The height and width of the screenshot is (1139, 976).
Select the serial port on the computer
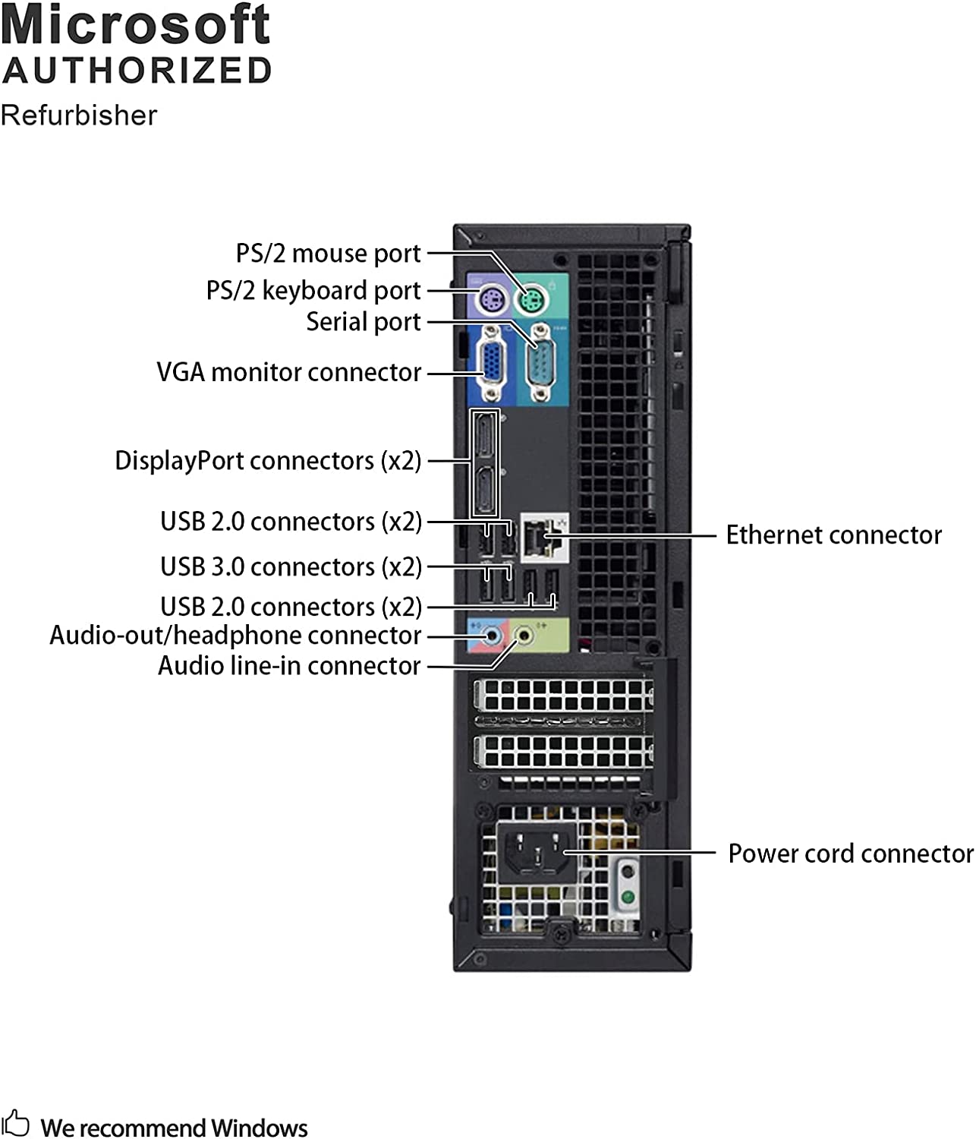[540, 364]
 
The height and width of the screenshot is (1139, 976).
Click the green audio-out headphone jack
[523, 634]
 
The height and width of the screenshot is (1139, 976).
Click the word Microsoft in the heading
[135, 26]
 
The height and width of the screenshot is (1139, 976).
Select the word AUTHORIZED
[137, 71]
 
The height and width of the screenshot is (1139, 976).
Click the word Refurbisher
[79, 115]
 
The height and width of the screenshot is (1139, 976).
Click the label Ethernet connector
[833, 535]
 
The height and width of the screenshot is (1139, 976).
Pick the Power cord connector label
[850, 853]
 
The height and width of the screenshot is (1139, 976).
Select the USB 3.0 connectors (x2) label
[291, 567]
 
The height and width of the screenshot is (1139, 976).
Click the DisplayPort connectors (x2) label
[267, 461]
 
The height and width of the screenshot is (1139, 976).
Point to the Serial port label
[363, 322]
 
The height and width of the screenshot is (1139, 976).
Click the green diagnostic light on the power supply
[628, 897]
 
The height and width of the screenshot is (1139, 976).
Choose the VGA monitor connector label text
[288, 372]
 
